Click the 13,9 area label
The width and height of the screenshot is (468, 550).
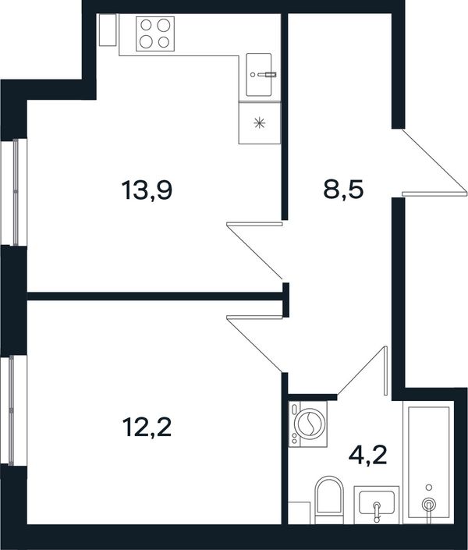tap(147, 191)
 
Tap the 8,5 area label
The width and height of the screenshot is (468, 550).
tap(343, 190)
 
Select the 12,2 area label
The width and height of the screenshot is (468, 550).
tap(147, 428)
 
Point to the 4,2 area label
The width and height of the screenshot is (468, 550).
tap(367, 456)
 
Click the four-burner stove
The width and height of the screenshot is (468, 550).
tap(155, 34)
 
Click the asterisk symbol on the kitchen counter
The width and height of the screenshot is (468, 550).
tap(260, 122)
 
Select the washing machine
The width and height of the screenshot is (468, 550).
tap(308, 424)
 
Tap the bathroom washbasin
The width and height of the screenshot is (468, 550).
tap(377, 505)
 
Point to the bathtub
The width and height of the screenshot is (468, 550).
tap(428, 463)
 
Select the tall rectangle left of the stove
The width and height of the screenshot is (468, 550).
tap(108, 30)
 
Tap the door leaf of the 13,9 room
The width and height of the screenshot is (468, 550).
tap(254, 224)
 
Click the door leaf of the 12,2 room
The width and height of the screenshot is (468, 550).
tap(254, 317)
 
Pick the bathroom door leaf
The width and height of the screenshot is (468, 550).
tap(385, 371)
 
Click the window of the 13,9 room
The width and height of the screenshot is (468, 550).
tap(14, 192)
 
